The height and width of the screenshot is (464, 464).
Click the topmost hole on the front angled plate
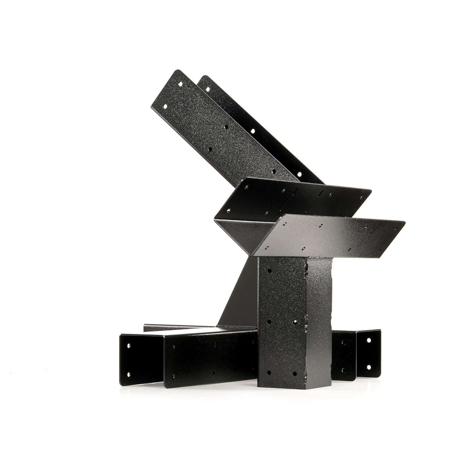[180, 84]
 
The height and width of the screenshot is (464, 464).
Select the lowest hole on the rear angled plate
[299, 174]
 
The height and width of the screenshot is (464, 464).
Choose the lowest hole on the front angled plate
[274, 171]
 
